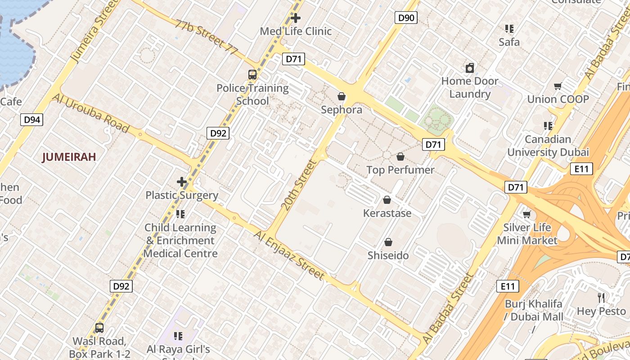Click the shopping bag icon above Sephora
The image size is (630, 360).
(x=342, y=96)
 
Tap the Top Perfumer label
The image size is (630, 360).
(x=400, y=170)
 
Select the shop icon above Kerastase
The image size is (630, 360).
(x=387, y=200)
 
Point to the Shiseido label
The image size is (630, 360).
(x=388, y=255)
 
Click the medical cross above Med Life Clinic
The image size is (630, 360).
(x=296, y=18)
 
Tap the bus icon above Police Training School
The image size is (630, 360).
(x=252, y=75)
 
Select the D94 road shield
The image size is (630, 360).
(x=32, y=120)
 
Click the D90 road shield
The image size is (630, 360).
(x=406, y=18)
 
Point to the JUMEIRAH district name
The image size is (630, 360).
(x=69, y=157)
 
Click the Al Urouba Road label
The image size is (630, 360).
(x=90, y=113)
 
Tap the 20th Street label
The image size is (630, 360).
(x=299, y=184)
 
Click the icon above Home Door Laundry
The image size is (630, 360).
(x=470, y=68)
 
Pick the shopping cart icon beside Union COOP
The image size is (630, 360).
(x=558, y=86)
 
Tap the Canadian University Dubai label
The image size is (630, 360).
(x=548, y=145)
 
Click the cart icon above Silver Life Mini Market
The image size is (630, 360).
(x=526, y=214)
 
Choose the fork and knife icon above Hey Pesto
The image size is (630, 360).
(x=601, y=297)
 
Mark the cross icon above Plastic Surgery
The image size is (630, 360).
(x=182, y=182)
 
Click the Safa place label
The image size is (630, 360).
(x=509, y=42)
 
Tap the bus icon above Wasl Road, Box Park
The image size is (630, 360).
(x=99, y=328)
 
